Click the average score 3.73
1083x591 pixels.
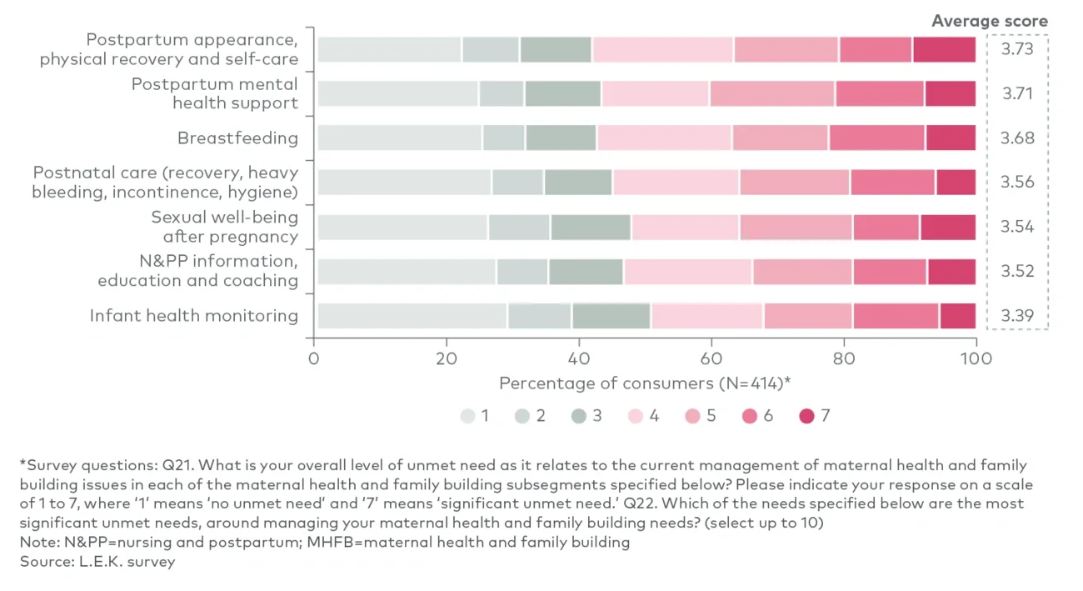pos(1017,49)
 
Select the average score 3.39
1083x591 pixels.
pos(1017,316)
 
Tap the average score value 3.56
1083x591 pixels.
pos(1017,183)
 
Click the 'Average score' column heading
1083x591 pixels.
pos(989,21)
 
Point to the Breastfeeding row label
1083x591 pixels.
pos(237,138)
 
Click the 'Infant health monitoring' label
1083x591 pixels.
pos(193,316)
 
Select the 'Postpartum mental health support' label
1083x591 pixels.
pos(214,93)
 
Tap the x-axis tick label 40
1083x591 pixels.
pos(578,358)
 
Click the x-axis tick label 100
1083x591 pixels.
pos(976,358)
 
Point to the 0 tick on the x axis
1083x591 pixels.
pos(314,358)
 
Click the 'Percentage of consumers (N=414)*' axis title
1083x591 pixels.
pos(644,383)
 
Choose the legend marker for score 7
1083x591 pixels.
pos(806,415)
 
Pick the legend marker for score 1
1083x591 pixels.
pos(467,415)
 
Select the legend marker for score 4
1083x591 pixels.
pos(636,415)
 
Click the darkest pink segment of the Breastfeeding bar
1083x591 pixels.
pos(950,138)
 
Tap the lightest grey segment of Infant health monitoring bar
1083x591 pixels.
pos(412,316)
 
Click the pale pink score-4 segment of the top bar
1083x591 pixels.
pos(662,49)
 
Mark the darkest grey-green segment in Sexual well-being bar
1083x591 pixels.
pos(590,227)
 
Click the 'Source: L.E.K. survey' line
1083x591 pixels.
pos(97,561)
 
